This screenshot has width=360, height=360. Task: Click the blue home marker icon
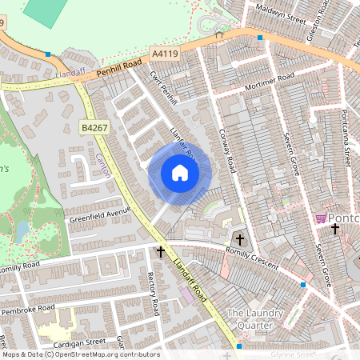[180, 172]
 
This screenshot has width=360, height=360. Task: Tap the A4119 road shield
[163, 54]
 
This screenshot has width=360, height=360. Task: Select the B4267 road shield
[94, 126]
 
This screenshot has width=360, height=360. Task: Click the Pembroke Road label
[28, 310]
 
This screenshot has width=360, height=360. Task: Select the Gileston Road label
[318, 22]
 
